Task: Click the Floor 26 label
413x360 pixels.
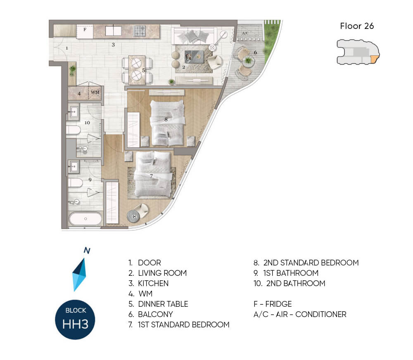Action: coord(357,26)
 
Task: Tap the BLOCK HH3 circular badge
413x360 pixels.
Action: coord(75,320)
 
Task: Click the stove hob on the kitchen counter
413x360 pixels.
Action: coord(140,31)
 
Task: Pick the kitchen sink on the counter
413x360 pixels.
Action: coord(113,31)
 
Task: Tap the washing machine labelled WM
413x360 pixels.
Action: coord(95,93)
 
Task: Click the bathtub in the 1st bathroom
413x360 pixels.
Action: coord(85,218)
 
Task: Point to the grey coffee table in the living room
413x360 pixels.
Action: coord(194,57)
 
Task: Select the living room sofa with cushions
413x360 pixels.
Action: coord(194,36)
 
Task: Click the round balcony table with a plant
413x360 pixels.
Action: coord(248,61)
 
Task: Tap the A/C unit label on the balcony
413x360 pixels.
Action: coord(245,33)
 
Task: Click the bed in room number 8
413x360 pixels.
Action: coord(167,123)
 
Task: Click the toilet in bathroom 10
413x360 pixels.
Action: coord(73,130)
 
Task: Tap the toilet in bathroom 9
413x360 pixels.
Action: coord(75,182)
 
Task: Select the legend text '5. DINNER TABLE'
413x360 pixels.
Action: coord(158,304)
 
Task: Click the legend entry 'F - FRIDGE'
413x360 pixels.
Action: coord(272,304)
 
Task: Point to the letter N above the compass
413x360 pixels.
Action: coord(87,251)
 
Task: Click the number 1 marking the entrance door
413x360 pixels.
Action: coord(67,48)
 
